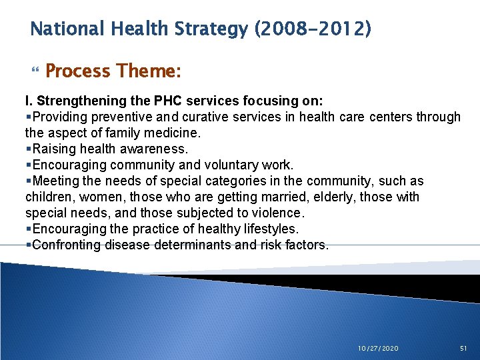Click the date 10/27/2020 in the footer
tap(377, 348)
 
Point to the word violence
tap(278, 213)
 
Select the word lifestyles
tap(261, 229)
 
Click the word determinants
tap(194, 245)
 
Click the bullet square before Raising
tap(28, 149)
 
